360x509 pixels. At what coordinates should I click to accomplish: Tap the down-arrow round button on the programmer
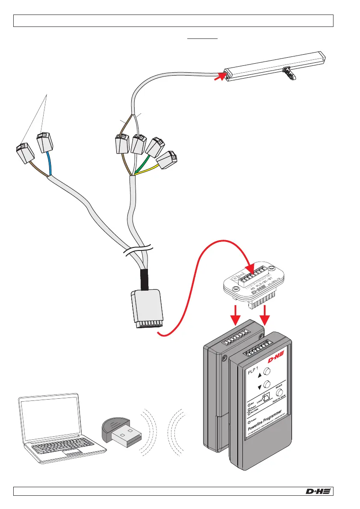tap(268, 384)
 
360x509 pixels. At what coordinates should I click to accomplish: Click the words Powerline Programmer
tap(266, 421)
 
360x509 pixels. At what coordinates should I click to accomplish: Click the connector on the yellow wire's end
tap(167, 159)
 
